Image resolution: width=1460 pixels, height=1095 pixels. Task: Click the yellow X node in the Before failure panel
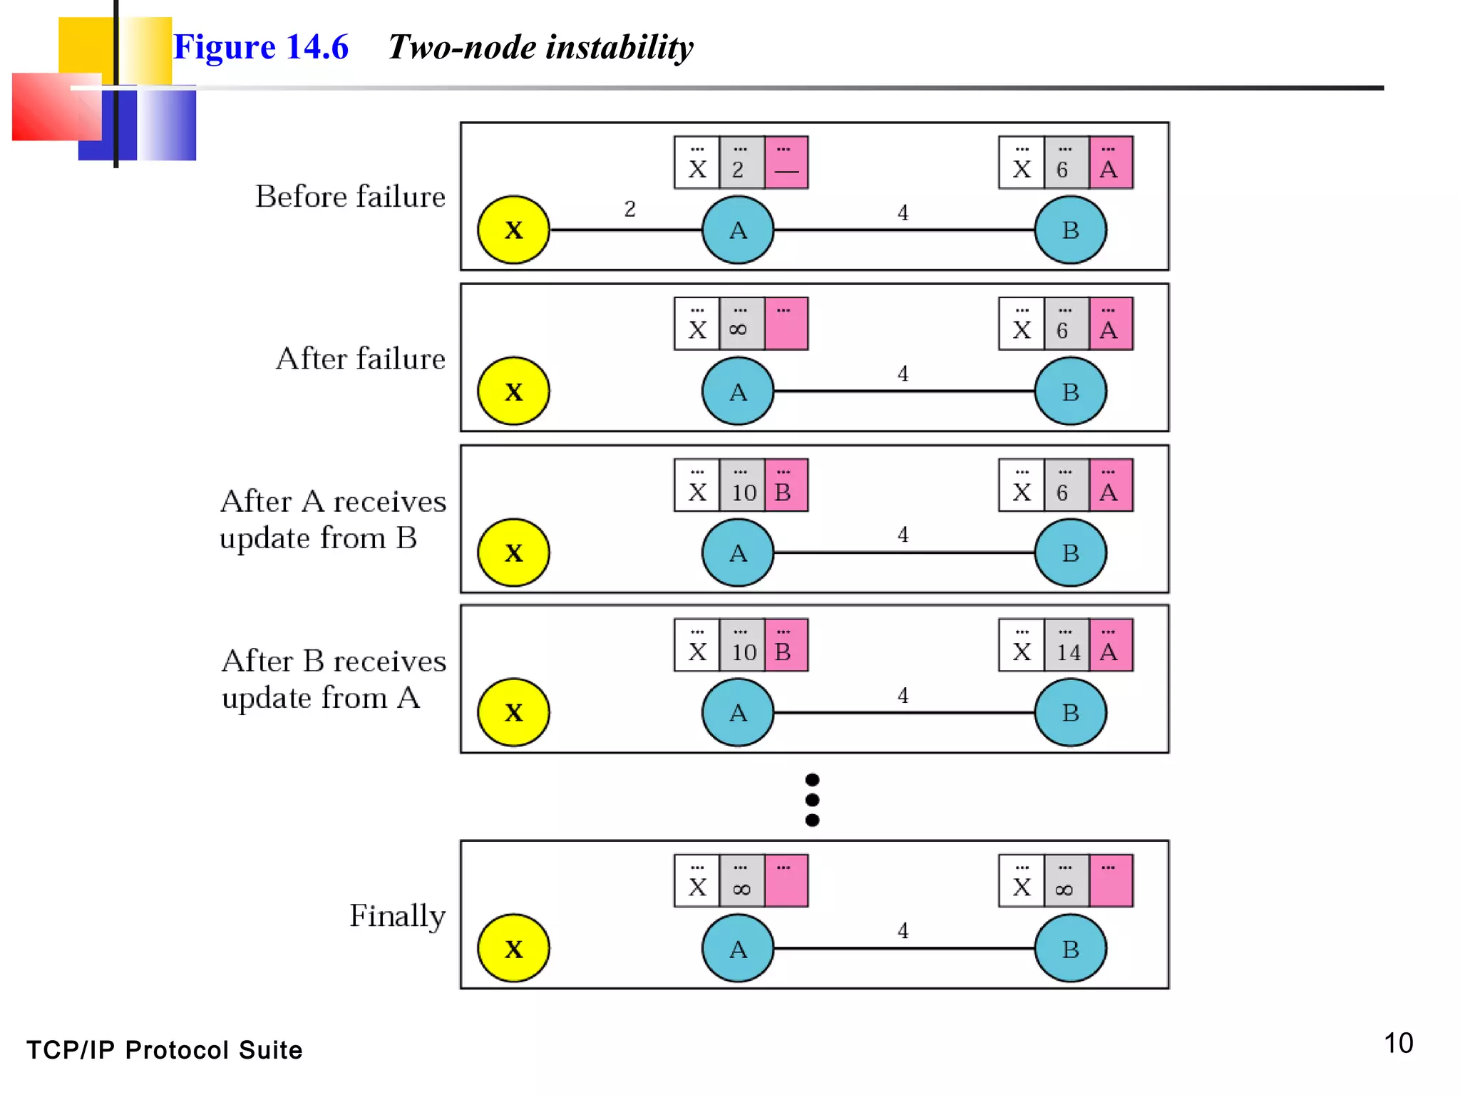pos(513,230)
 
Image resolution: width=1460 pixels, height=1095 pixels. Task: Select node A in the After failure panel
pos(738,391)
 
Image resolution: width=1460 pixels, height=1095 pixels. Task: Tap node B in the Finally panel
pos(1070,948)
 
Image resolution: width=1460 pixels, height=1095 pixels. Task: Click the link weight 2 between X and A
pos(629,209)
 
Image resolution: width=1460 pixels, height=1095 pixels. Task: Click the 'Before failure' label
pos(350,196)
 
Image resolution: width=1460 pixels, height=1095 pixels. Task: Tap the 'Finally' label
pos(397,916)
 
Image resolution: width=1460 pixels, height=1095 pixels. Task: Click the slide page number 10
pos(1398,1043)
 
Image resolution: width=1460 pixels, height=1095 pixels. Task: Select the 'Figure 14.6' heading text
pos(261,48)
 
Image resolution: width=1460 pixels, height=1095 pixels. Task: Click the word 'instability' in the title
pos(620,48)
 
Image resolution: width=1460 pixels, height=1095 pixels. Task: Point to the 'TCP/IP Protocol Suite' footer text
pos(165,1050)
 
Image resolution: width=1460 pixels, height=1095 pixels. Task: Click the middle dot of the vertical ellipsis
pos(812,800)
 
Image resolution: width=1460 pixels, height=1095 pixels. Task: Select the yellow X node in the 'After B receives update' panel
pos(513,712)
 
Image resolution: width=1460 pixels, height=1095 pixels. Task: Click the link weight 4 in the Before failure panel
pos(903,212)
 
